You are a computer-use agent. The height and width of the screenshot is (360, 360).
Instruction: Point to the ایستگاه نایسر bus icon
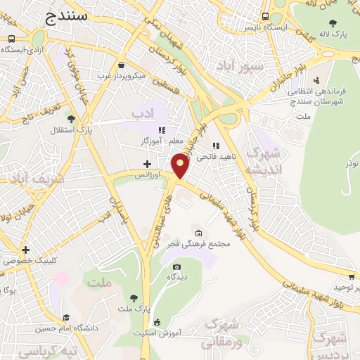coord(265,17)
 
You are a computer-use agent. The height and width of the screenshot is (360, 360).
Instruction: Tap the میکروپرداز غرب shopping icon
coord(121,64)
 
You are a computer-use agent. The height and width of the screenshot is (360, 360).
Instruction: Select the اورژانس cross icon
coord(146,164)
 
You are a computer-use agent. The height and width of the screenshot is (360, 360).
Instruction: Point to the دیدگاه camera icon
coord(176,266)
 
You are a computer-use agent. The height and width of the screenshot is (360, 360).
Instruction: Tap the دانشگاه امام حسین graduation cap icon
coord(66,317)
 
